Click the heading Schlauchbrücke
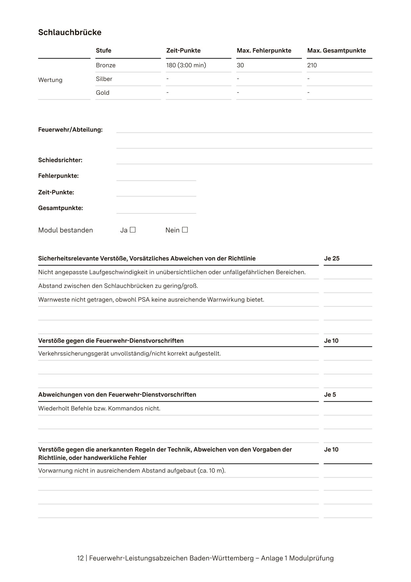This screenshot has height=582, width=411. pos(70,32)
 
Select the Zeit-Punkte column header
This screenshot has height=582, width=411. pos(183,50)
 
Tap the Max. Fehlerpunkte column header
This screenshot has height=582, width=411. pos(264,50)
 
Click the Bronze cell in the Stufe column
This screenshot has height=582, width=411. pos(106,65)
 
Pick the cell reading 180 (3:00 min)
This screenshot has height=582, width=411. pos(186,65)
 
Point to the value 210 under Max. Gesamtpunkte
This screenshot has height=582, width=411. pos(312,65)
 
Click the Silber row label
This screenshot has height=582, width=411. pos(104,79)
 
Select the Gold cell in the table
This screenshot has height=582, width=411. pos(103,93)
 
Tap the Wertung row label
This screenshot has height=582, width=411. pos(50,80)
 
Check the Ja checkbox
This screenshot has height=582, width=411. pos(133,230)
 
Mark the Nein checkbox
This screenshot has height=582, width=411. pos(185,230)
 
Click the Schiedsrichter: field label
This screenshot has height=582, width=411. pos(60,160)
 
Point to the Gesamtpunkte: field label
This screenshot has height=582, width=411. pos(60,208)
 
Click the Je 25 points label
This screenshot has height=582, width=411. pos(331,258)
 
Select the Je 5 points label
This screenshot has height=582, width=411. pos(330,395)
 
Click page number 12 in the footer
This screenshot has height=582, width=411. pos(80,558)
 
